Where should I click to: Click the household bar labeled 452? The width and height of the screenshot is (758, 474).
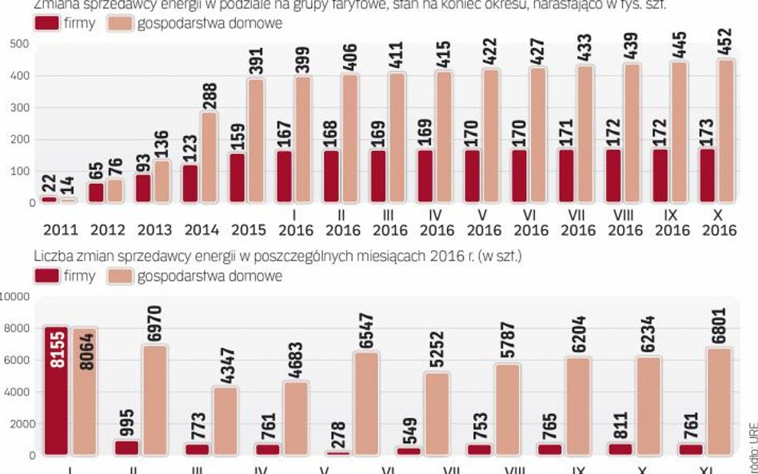726,131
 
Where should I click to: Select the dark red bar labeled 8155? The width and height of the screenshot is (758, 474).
56,392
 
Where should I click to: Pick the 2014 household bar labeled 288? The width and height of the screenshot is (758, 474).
209,157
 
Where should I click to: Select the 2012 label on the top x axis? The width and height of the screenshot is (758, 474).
107,230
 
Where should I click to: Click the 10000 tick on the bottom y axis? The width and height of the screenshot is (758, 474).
15,297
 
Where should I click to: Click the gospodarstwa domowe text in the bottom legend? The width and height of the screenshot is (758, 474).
209,277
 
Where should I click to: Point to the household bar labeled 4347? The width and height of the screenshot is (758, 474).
225,421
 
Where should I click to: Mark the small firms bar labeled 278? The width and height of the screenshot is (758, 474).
338,452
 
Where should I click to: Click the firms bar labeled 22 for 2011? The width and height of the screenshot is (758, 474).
48,199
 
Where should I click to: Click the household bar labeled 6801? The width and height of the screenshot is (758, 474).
718,402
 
